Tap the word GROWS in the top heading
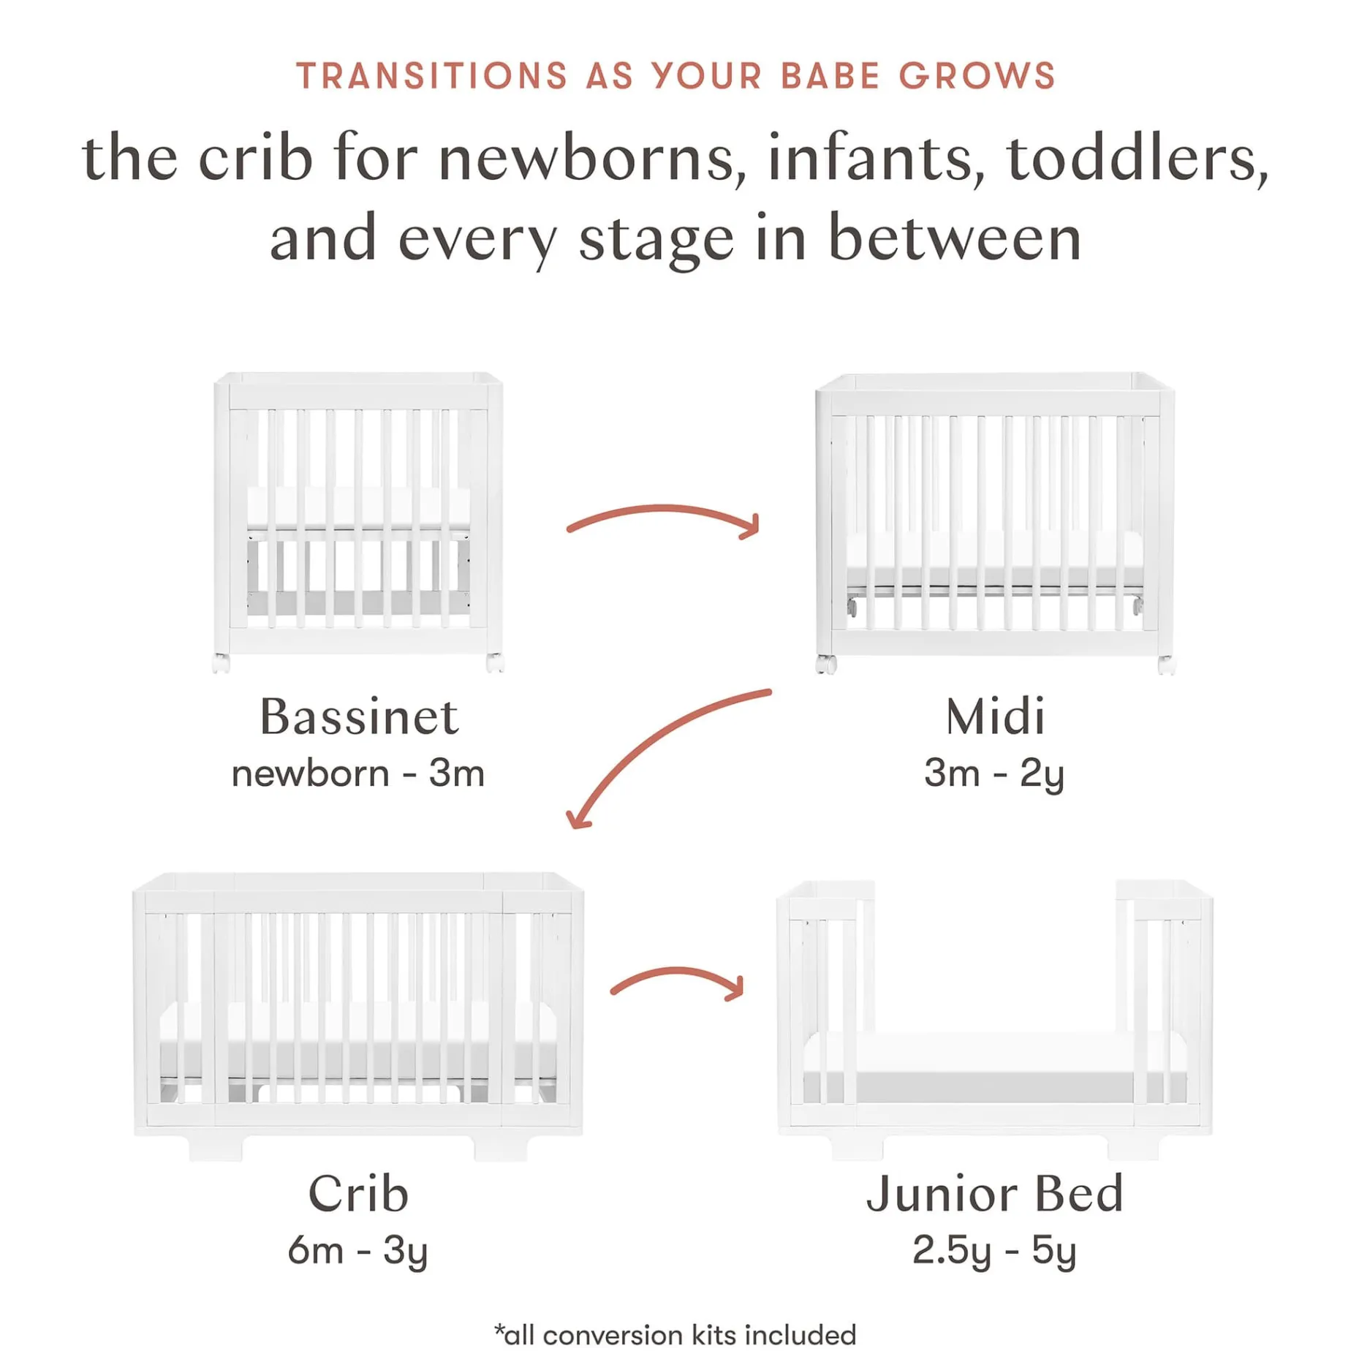click(x=977, y=76)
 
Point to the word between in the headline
click(x=955, y=238)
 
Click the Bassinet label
click(x=359, y=716)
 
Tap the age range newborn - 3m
click(x=358, y=773)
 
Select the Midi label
click(x=995, y=716)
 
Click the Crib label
click(x=358, y=1194)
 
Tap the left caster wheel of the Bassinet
click(x=221, y=663)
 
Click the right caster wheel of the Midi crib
click(x=1166, y=665)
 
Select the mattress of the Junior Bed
click(x=994, y=1053)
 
